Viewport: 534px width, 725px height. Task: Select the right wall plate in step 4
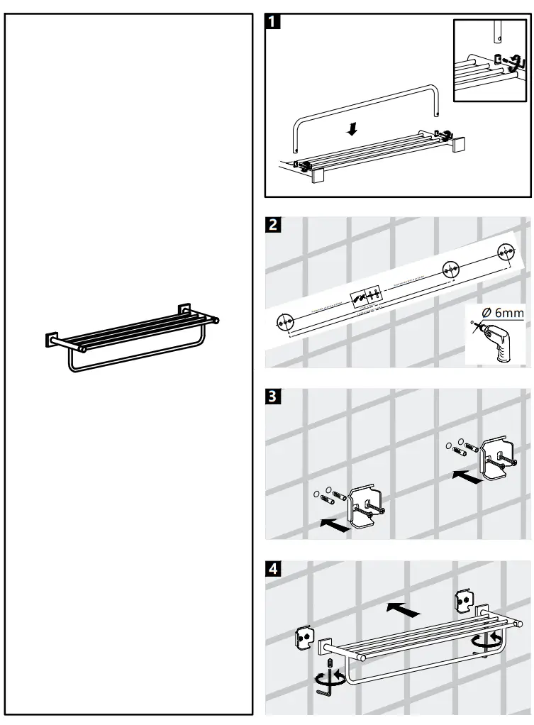click(465, 600)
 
